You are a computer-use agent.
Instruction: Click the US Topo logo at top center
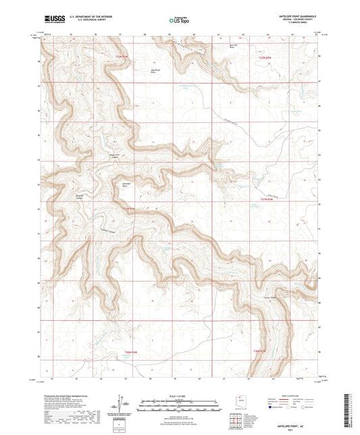pos(176,21)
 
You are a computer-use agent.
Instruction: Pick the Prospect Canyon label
pos(78,197)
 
